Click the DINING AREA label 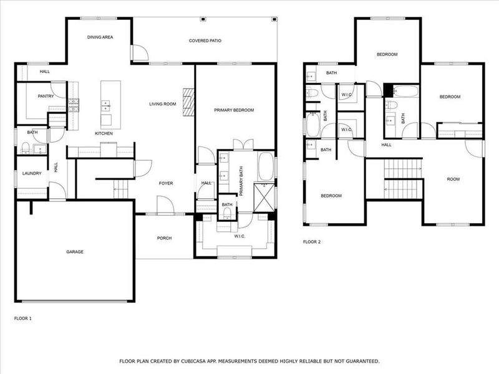(x=100, y=38)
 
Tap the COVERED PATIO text (x=205, y=41)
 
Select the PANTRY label (x=46, y=97)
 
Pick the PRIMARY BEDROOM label (x=234, y=110)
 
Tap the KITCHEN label (x=104, y=133)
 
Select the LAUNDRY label (x=32, y=174)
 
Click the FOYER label (x=165, y=183)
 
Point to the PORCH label (x=164, y=238)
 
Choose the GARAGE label (x=75, y=252)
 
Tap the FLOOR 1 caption (x=22, y=319)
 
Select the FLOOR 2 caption (x=311, y=241)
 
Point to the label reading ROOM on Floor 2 (x=453, y=180)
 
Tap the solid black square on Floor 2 (x=389, y=90)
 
